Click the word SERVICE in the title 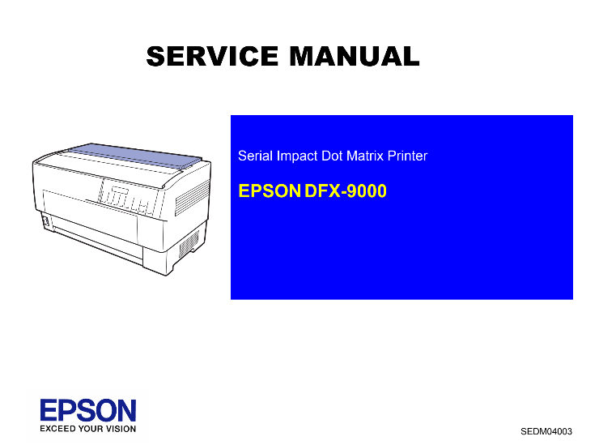pos(212,56)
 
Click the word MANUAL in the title pos(355,56)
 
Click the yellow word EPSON pos(270,191)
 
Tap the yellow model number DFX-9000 pos(346,191)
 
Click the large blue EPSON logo pos(88,410)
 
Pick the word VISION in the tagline pos(121,429)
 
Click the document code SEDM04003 pos(546,431)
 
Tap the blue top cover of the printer pos(136,156)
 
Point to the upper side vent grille pos(193,198)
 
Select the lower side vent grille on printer pos(189,243)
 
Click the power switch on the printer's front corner pos(45,221)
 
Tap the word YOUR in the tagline pos(91,429)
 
